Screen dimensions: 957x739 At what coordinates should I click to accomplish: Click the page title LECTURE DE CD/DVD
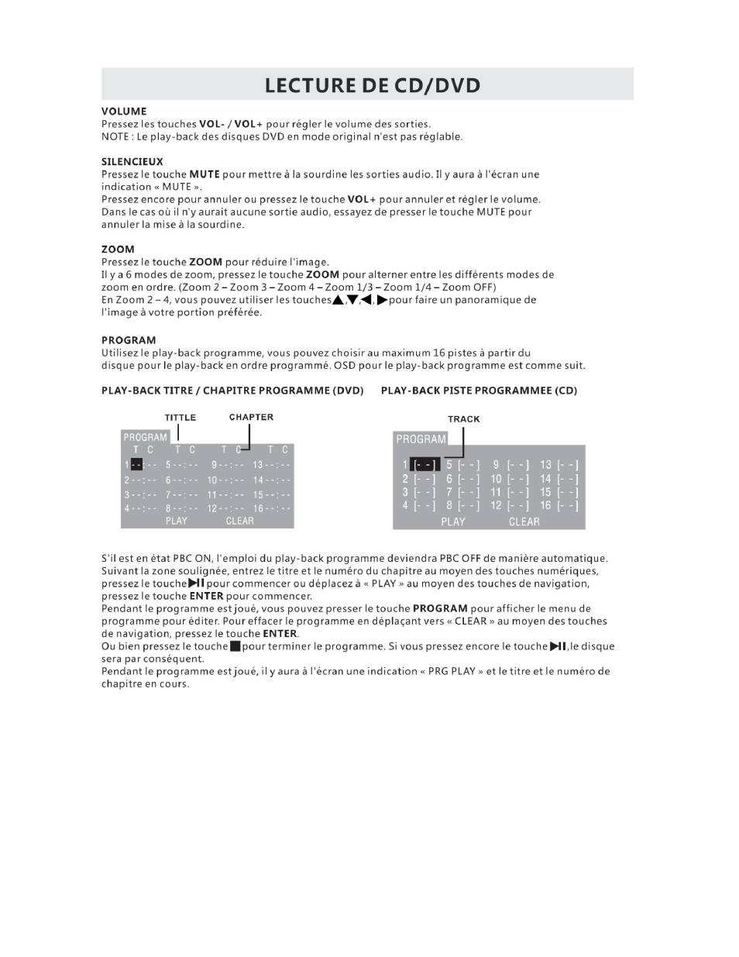tap(372, 84)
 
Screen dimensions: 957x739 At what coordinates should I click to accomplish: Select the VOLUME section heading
tap(124, 112)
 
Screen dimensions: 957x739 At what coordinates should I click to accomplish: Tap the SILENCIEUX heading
tap(132, 162)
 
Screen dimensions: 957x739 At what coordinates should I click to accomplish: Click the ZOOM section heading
tap(118, 250)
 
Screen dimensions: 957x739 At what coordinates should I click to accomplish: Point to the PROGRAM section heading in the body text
tap(129, 340)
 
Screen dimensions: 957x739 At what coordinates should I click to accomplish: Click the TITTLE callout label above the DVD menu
tap(180, 418)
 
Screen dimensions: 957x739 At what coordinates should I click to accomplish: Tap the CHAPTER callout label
tap(251, 417)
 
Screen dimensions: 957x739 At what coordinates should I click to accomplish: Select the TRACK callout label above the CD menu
tap(463, 419)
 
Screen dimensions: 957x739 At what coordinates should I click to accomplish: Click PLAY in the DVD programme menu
tap(177, 521)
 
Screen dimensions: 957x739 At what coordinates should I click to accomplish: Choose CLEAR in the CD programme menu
tap(524, 522)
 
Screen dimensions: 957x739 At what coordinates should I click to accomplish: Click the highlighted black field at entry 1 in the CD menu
tap(424, 465)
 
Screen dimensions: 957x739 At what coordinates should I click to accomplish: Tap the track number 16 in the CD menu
tap(545, 505)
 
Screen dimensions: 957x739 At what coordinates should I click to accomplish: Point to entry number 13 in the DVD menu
tap(258, 465)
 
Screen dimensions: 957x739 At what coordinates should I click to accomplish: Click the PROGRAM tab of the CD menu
tap(421, 439)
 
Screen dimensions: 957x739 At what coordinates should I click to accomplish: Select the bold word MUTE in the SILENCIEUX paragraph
tap(205, 174)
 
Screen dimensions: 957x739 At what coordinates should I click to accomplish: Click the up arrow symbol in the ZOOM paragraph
tap(338, 301)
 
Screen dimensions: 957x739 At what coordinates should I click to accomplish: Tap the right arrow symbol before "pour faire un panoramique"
tap(382, 301)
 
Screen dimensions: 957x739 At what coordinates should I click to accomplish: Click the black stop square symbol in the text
tap(235, 646)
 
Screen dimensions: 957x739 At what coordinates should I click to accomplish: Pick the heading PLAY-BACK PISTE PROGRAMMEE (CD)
tap(479, 391)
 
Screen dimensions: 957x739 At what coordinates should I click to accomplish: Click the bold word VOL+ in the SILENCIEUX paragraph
tap(362, 199)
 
